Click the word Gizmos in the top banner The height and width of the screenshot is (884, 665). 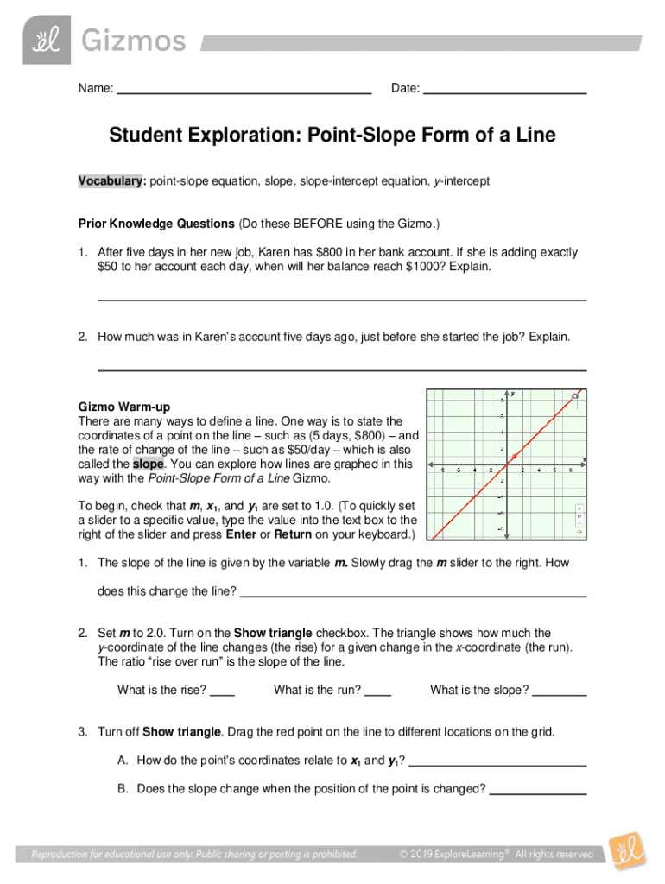point(133,41)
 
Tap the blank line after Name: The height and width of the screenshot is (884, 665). point(244,90)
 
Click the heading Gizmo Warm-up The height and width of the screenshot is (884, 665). point(124,406)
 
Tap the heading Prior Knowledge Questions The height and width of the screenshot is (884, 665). point(156,224)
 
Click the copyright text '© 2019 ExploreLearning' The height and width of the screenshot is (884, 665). point(455,855)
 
